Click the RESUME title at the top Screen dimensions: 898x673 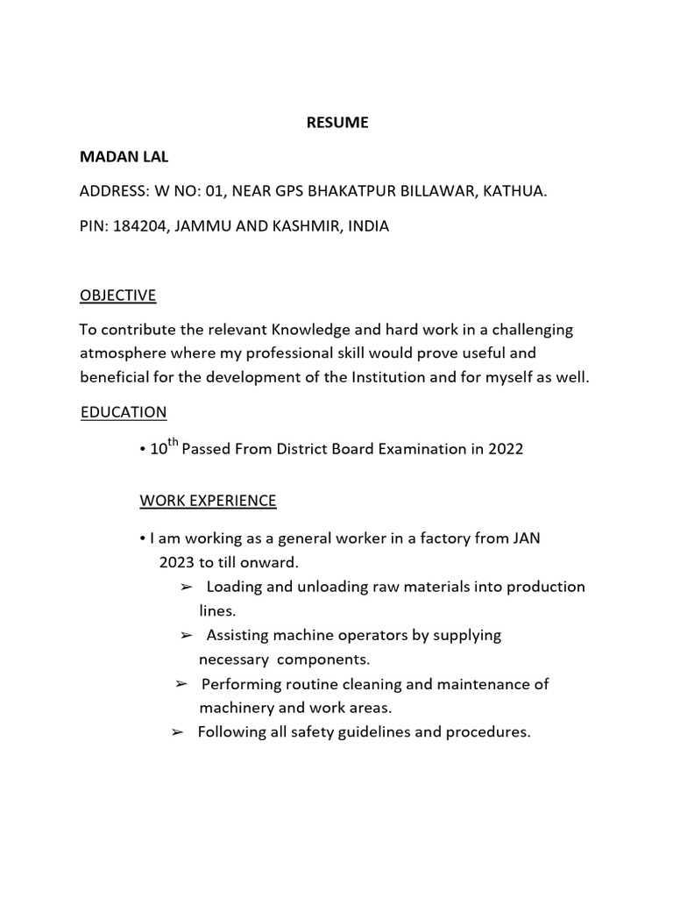click(337, 124)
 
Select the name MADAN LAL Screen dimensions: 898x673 click(124, 157)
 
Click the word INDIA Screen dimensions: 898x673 click(368, 226)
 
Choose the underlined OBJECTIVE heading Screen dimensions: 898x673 click(117, 296)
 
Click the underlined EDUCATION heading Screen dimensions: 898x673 click(124, 411)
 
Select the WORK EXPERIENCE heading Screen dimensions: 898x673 click(208, 501)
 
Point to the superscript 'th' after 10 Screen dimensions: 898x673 click(173, 443)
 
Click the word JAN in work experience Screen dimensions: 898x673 click(524, 538)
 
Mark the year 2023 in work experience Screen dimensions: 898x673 click(176, 562)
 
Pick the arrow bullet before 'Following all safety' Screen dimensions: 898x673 click(177, 731)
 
